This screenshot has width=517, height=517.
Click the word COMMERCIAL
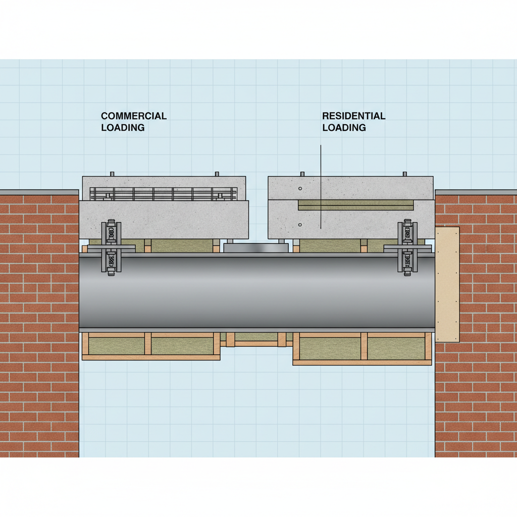tap(134, 116)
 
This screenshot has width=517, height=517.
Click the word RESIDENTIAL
tap(353, 116)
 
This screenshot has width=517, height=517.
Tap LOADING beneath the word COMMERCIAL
tap(123, 128)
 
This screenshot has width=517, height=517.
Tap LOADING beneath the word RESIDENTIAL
tap(344, 128)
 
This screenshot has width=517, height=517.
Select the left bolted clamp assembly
tap(111, 247)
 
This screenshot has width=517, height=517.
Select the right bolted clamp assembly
tap(407, 247)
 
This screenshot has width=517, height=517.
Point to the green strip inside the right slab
tap(356, 204)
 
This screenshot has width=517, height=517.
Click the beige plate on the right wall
tap(447, 284)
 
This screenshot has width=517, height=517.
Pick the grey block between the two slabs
tap(256, 247)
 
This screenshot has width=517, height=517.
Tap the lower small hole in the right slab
tap(300, 224)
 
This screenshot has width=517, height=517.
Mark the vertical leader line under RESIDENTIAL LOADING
tap(321, 187)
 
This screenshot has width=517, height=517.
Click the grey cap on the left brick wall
tap(39, 192)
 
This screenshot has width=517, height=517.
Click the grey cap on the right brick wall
tap(476, 192)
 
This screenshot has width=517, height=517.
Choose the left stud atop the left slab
tap(112, 174)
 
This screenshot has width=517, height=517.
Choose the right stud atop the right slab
tap(404, 174)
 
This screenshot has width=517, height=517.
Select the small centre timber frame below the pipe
tap(256, 339)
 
